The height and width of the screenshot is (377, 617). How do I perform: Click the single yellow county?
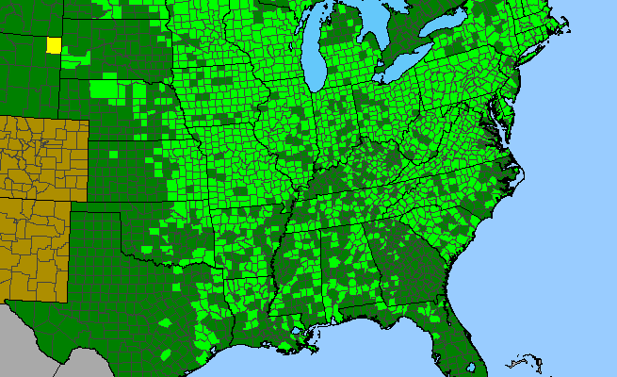(54, 44)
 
